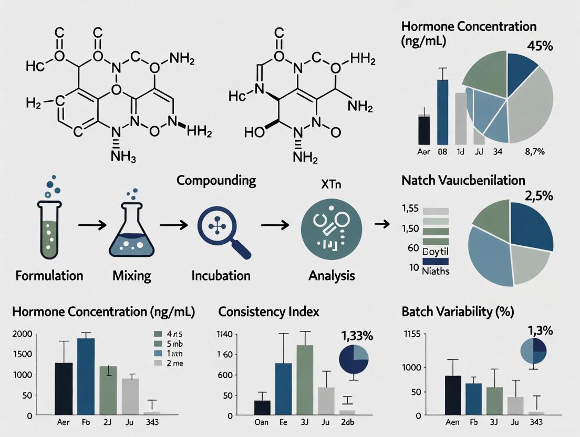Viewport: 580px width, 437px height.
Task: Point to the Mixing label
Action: (x=131, y=275)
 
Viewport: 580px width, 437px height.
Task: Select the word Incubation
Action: (x=221, y=275)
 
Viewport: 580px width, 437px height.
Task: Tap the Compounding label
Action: (x=216, y=181)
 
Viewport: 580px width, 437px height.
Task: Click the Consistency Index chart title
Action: (x=270, y=312)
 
